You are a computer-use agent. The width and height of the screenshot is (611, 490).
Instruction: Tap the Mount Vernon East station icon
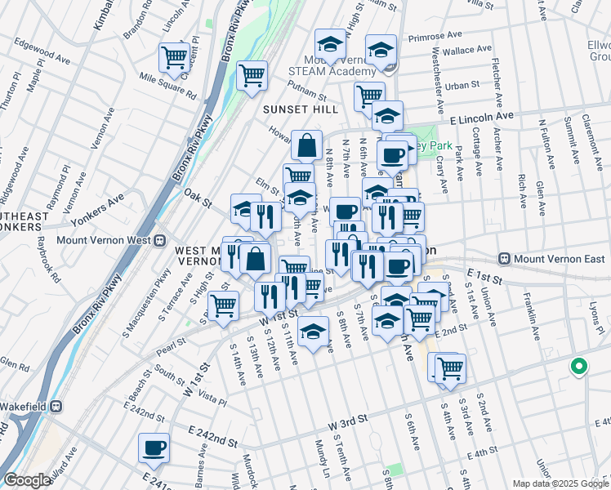[x=506, y=259]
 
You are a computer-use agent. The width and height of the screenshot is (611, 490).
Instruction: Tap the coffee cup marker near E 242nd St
[x=154, y=448]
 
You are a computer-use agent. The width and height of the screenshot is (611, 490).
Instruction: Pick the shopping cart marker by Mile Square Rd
[x=174, y=57]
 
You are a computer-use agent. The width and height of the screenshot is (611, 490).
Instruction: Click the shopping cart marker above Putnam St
[x=252, y=75]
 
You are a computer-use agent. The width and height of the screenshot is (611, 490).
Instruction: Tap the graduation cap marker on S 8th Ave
[x=313, y=332]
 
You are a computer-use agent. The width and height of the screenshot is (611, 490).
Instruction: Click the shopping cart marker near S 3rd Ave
[x=449, y=368]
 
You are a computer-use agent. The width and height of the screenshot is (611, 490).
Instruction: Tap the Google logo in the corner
[x=27, y=479]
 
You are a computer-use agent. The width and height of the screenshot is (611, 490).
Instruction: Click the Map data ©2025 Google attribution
[x=560, y=483]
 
